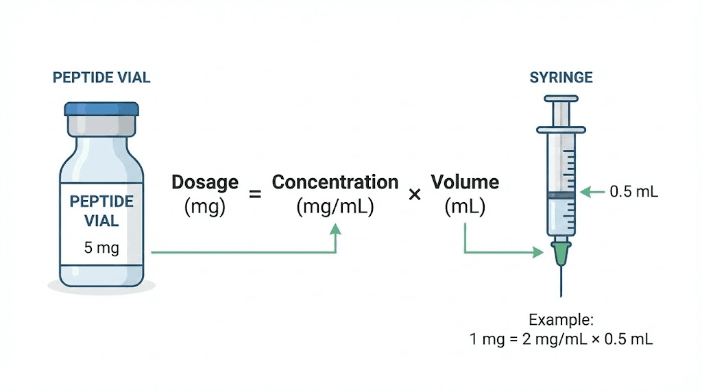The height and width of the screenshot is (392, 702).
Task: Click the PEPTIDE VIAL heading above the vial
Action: (101, 77)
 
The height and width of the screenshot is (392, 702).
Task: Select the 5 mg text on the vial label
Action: (101, 247)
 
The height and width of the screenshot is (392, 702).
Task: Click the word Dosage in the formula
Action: (205, 182)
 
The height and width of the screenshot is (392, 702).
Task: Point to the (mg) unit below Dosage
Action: (205, 206)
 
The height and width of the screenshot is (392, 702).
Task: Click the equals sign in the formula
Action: (255, 195)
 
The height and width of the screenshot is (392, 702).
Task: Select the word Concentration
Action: (335, 182)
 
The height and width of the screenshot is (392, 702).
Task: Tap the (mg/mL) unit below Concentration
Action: (335, 206)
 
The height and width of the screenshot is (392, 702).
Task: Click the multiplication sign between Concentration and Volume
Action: (414, 195)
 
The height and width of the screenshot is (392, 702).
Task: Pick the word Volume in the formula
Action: (465, 182)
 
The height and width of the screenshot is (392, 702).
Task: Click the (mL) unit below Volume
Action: (465, 206)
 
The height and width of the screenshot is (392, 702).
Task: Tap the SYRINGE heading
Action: (561, 77)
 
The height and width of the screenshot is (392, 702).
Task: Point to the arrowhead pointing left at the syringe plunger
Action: (583, 192)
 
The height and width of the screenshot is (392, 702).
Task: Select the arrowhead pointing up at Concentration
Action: (335, 232)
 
